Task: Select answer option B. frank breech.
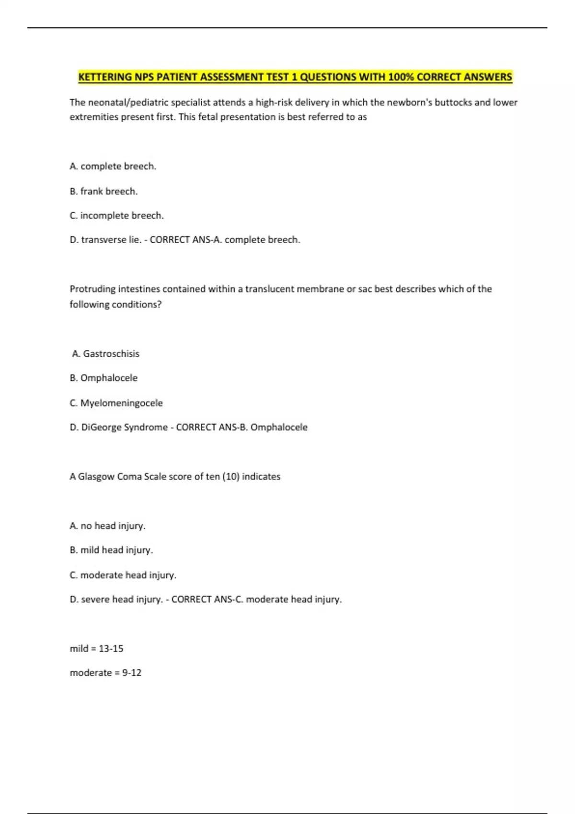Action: [103, 191]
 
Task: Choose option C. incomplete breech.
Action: [116, 215]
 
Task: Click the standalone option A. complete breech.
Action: [113, 166]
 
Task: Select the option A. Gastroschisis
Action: [105, 353]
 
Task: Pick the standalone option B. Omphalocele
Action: [103, 378]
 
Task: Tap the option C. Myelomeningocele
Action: [116, 403]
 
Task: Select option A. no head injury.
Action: [107, 526]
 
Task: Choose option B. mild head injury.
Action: [111, 550]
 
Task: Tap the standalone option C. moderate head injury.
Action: [123, 575]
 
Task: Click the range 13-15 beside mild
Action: [111, 648]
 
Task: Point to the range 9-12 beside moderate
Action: [132, 673]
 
